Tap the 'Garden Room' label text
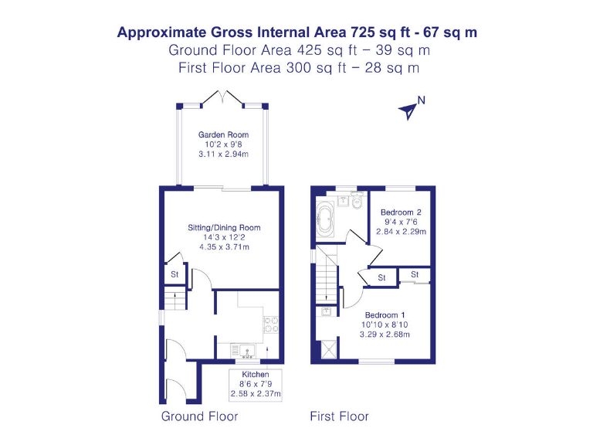pyautogui.click(x=223, y=134)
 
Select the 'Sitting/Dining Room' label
pyautogui.click(x=224, y=228)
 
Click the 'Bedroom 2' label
pyautogui.click(x=400, y=212)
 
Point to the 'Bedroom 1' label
pyautogui.click(x=385, y=315)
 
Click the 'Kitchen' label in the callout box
pyautogui.click(x=256, y=375)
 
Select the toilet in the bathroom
pyautogui.click(x=356, y=202)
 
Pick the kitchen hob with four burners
pyautogui.click(x=271, y=324)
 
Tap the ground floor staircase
pyautogui.click(x=175, y=298)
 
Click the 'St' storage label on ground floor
pyautogui.click(x=175, y=273)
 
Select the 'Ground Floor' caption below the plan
pyautogui.click(x=199, y=416)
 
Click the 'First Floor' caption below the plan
pyautogui.click(x=339, y=416)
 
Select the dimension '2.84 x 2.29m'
pyautogui.click(x=401, y=231)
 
